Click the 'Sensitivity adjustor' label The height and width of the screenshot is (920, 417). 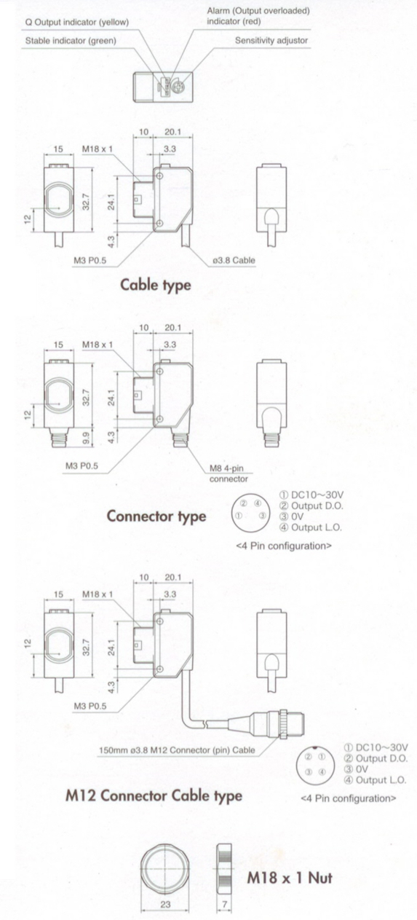[271, 40]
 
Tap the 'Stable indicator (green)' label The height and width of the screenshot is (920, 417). [71, 41]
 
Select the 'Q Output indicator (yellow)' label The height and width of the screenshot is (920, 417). [76, 22]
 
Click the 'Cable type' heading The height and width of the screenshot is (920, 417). [156, 285]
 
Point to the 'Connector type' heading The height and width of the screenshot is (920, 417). [156, 516]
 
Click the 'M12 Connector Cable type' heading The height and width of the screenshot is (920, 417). [154, 795]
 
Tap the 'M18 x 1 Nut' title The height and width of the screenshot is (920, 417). [290, 878]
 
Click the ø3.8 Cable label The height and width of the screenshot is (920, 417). [234, 260]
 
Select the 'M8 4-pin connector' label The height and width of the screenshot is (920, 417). [229, 473]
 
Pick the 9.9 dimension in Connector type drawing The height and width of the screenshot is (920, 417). [86, 439]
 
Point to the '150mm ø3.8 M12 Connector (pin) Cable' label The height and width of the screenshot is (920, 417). [177, 750]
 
